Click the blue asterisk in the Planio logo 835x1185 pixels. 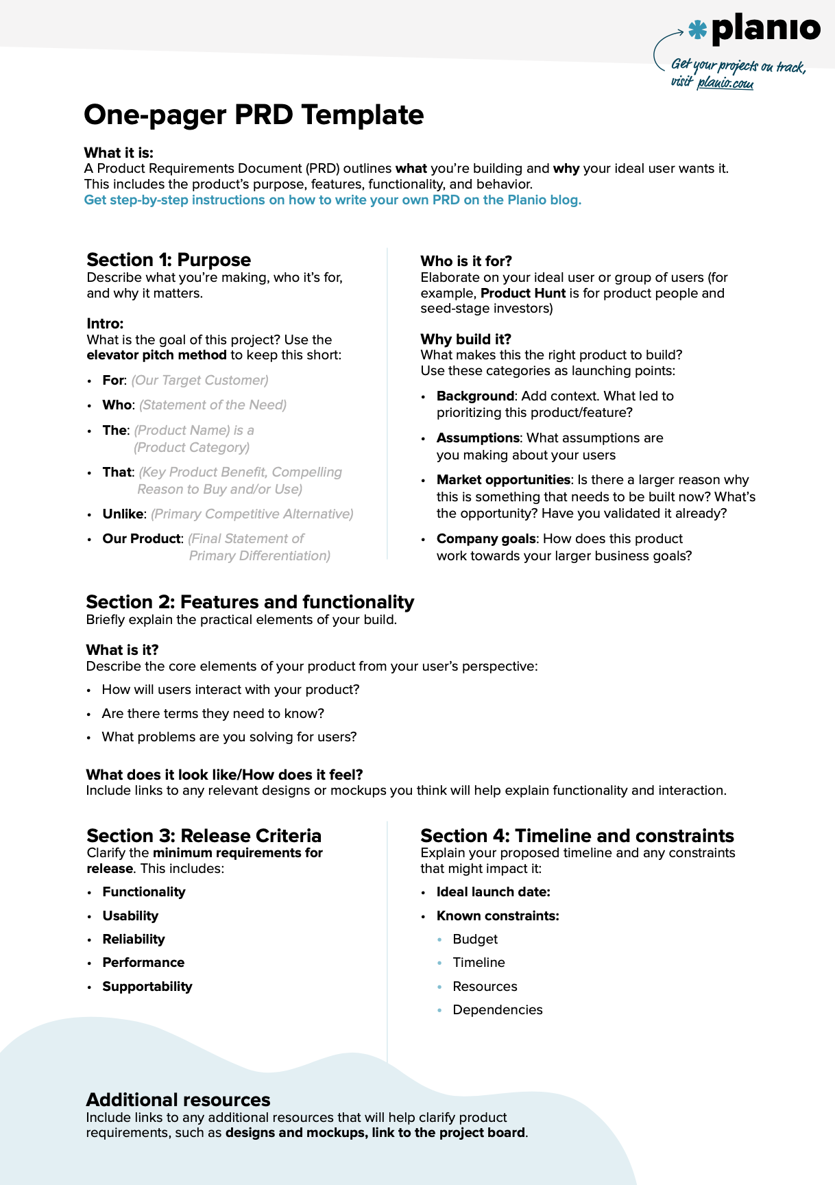coord(697,29)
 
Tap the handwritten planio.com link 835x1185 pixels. coord(725,84)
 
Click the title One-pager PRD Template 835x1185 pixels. coord(254,115)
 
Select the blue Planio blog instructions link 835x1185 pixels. coord(332,200)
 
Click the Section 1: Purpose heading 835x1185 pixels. coord(169,260)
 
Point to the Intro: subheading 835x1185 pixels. coord(105,324)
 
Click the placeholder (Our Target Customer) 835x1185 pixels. coord(199,381)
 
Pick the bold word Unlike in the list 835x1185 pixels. coord(123,514)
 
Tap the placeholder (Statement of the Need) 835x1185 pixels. coord(213,405)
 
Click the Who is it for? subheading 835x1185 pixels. coord(466,261)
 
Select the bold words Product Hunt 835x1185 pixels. coord(523,294)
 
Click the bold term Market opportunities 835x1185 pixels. coord(503,480)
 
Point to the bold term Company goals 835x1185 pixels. coord(486,539)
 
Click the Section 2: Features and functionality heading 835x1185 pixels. coord(250,602)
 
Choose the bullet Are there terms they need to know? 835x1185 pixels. coord(213,714)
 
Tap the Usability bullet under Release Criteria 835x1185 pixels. coord(130,916)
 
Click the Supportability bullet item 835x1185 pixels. coord(147,987)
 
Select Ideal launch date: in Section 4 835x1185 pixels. coord(493,892)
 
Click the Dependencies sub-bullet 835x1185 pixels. coord(497,1010)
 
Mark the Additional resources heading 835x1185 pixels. coord(178,1100)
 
